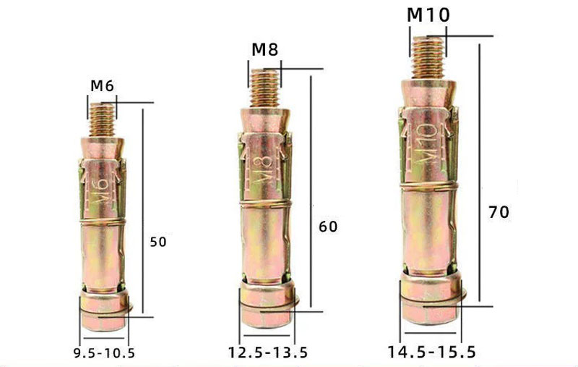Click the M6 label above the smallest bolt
tap(102, 86)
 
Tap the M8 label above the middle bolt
tap(264, 49)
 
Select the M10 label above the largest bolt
tap(428, 14)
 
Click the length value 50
tap(158, 242)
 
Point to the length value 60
tap(328, 227)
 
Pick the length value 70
tap(499, 212)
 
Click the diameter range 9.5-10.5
tap(104, 353)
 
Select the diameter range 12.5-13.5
tap(267, 353)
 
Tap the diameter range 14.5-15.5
tap(431, 352)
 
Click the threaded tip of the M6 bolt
tap(102, 119)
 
